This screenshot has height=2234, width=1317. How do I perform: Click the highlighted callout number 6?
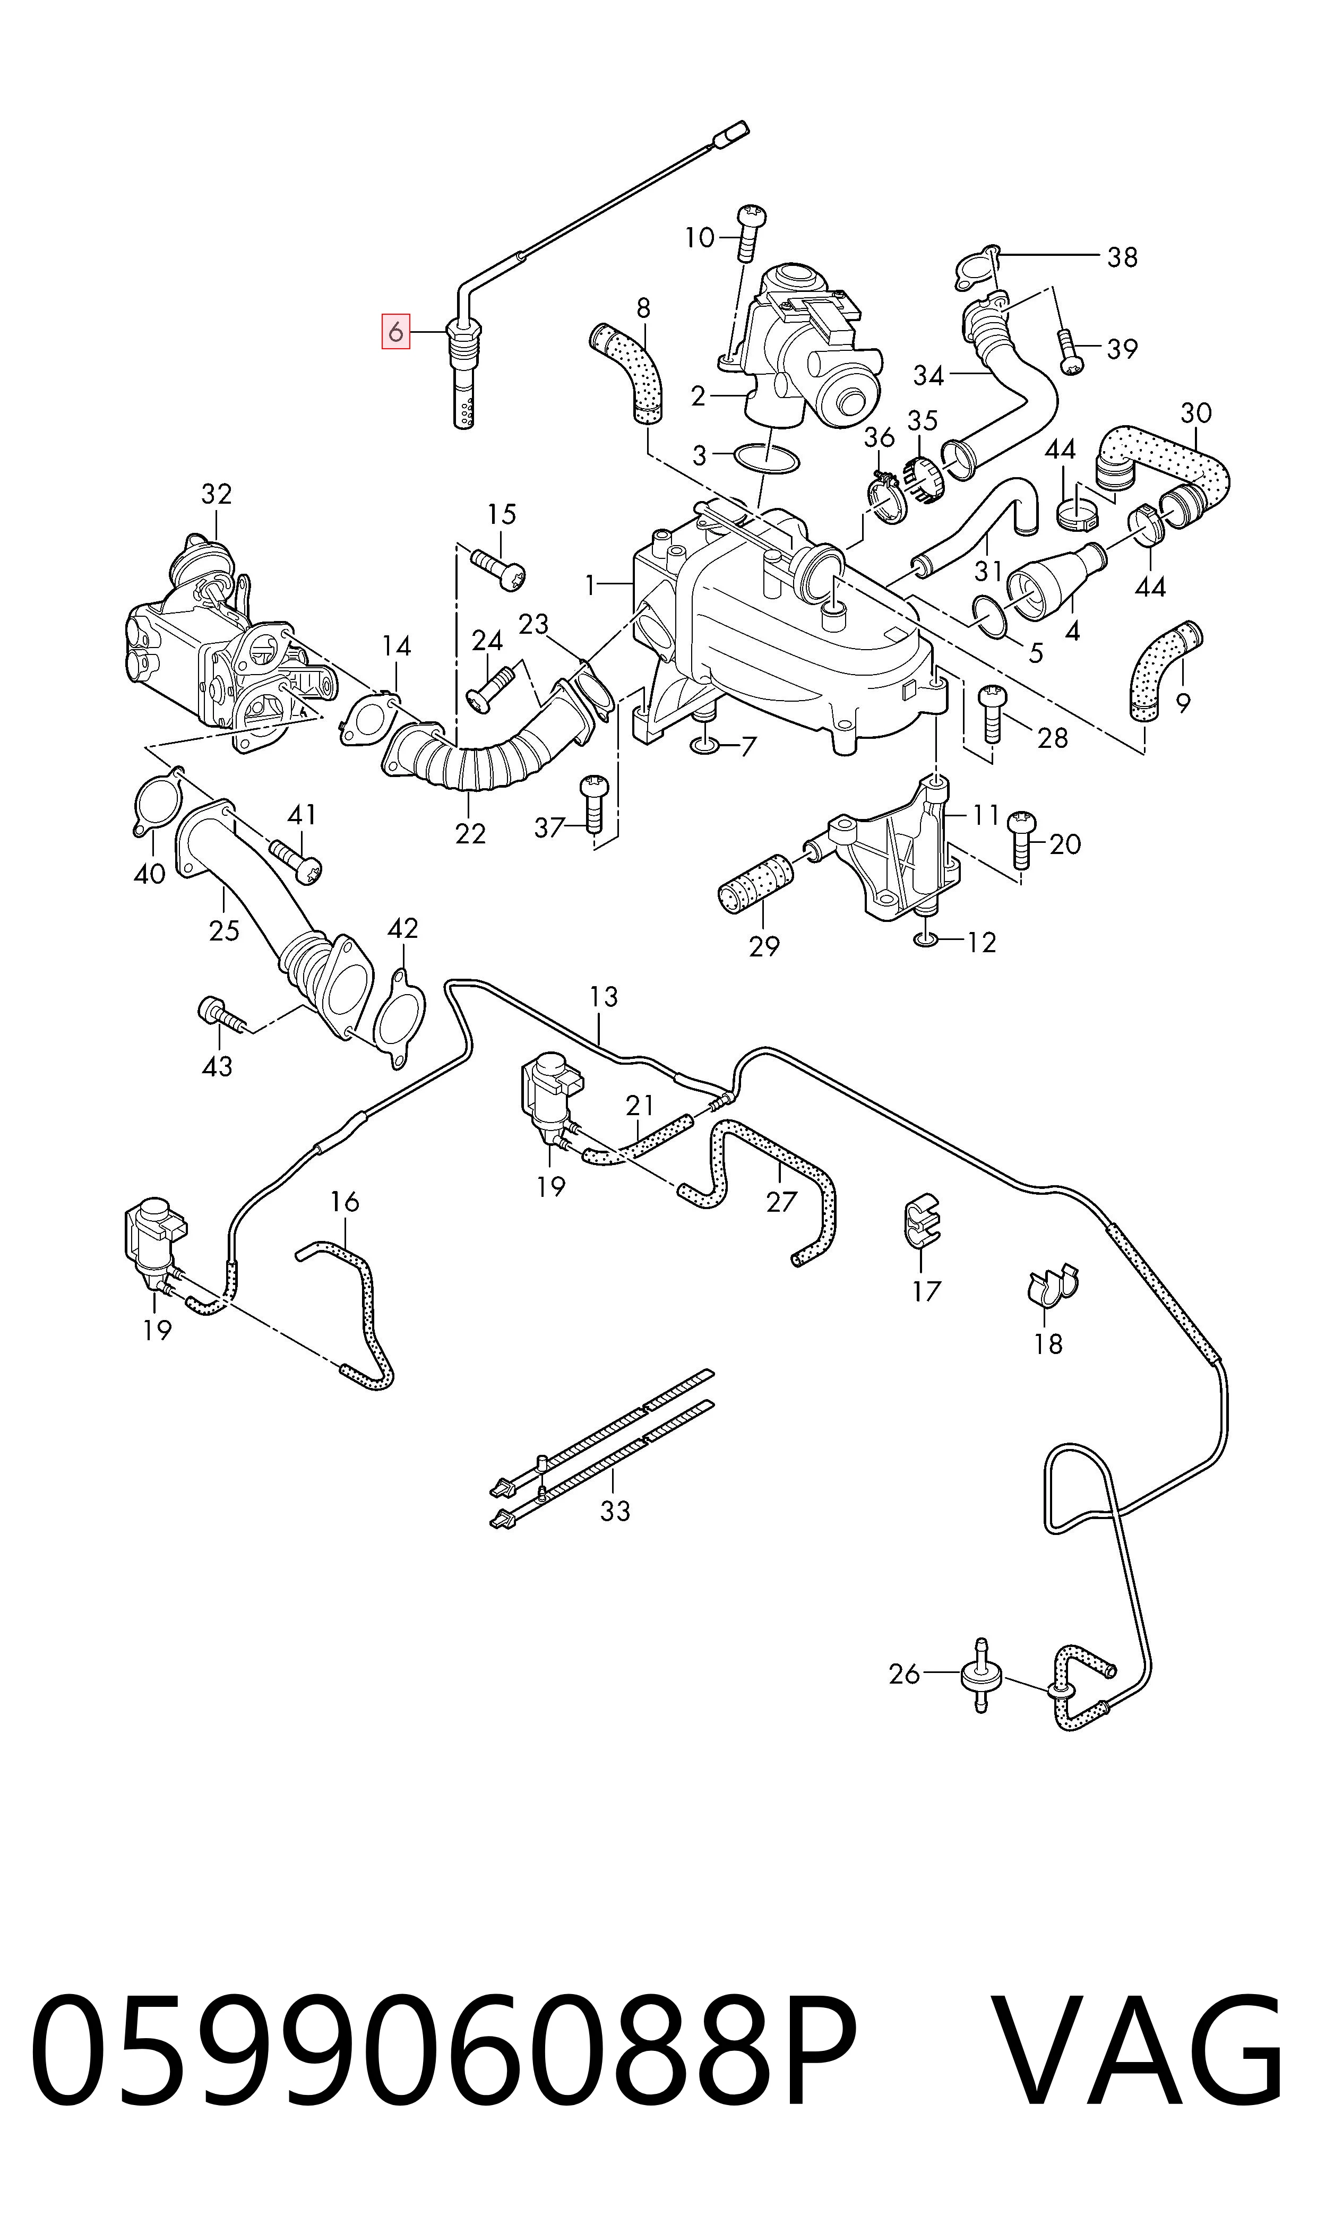click(396, 332)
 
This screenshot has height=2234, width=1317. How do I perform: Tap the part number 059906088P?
click(444, 2090)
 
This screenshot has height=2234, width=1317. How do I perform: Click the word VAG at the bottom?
click(1136, 2090)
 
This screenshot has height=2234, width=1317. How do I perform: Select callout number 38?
click(1122, 257)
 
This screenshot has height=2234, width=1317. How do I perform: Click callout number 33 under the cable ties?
click(614, 1510)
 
